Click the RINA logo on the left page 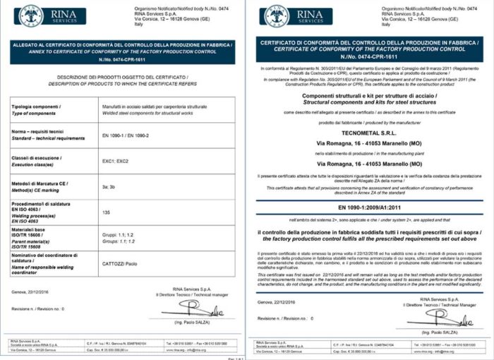[x=53, y=16]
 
